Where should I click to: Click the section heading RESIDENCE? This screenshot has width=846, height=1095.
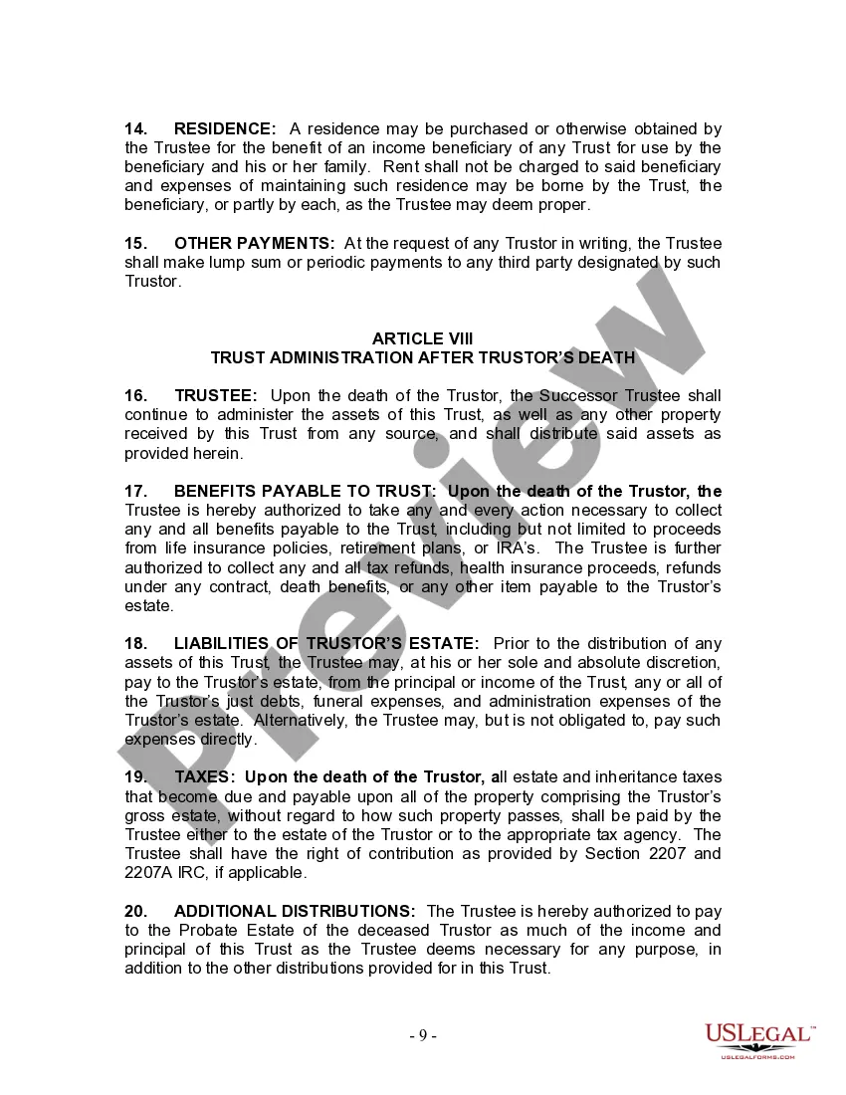[x=225, y=128]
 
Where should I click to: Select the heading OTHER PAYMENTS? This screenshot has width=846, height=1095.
[x=255, y=244]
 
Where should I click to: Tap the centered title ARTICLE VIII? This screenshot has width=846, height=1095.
[x=422, y=338]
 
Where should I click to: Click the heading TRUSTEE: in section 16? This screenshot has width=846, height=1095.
[x=216, y=396]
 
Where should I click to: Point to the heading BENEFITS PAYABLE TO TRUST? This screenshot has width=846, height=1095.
[x=305, y=492]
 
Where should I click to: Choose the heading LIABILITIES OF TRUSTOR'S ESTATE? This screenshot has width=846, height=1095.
[x=326, y=644]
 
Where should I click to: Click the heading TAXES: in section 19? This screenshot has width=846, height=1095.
[x=205, y=777]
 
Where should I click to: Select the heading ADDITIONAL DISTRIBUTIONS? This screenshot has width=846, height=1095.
[x=295, y=912]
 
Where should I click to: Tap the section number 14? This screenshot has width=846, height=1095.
[x=136, y=128]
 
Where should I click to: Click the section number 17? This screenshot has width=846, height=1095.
[x=136, y=492]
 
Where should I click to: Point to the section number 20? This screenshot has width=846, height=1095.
[x=136, y=912]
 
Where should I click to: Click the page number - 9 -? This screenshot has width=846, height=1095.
[x=423, y=1035]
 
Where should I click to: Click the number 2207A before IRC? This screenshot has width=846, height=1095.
[x=149, y=873]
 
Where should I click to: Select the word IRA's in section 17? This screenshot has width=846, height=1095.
[x=517, y=548]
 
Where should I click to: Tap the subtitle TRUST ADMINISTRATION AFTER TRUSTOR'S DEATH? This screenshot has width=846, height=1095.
[x=422, y=357]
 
